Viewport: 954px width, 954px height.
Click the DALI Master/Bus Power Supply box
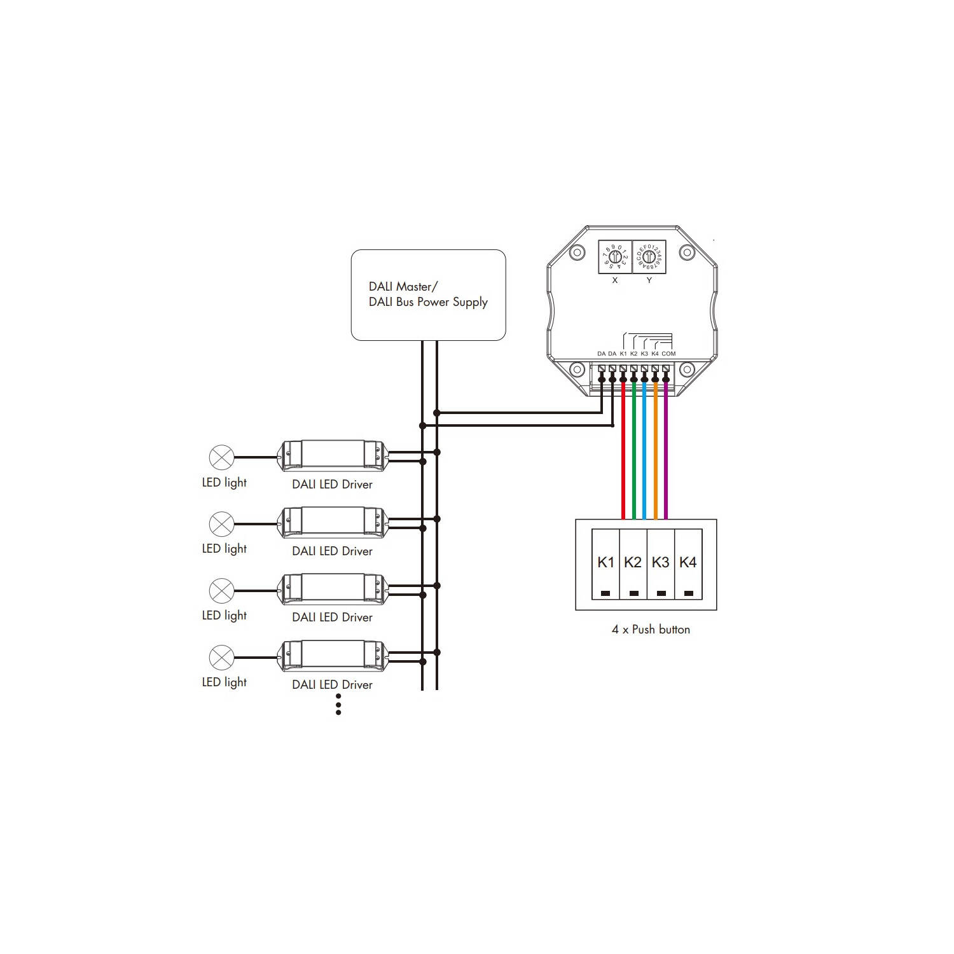click(x=428, y=294)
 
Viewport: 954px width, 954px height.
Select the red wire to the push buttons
click(x=623, y=458)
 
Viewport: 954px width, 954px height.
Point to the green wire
click(x=633, y=458)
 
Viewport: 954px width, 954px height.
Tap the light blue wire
click(x=644, y=458)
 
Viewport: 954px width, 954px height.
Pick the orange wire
click(x=655, y=458)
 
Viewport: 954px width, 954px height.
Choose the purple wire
click(x=666, y=458)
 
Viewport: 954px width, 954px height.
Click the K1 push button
click(x=605, y=564)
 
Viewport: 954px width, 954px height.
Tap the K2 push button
click(x=633, y=564)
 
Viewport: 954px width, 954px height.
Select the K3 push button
click(x=661, y=564)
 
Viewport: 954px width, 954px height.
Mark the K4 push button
click(x=688, y=564)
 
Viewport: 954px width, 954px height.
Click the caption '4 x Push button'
click(x=651, y=630)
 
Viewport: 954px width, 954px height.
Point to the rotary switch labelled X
click(x=615, y=257)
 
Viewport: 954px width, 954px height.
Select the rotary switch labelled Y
click(x=649, y=257)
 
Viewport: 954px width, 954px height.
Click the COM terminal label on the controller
click(x=668, y=354)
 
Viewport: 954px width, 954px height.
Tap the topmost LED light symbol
click(x=221, y=457)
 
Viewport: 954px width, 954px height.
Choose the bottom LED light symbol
click(x=221, y=657)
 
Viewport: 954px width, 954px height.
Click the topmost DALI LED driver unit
click(x=333, y=455)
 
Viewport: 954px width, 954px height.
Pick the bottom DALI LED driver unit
click(x=333, y=656)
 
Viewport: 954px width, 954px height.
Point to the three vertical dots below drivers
click(x=338, y=704)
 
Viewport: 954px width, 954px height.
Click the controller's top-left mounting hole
click(x=577, y=252)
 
